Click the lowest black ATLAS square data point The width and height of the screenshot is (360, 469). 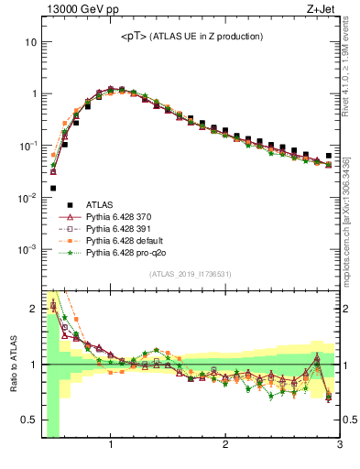tap(52, 188)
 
